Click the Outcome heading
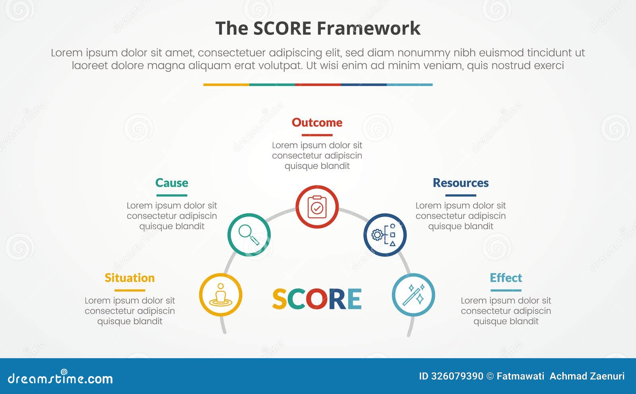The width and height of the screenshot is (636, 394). tap(317, 123)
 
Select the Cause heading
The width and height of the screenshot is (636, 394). tap(172, 183)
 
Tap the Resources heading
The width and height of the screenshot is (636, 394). tap(460, 183)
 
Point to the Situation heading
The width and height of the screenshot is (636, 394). tap(130, 278)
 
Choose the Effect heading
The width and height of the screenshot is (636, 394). tap(506, 278)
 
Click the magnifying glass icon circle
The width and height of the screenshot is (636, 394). tap(249, 235)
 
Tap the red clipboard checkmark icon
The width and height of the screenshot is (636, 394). tap(317, 207)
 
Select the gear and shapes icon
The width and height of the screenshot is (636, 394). tap(385, 235)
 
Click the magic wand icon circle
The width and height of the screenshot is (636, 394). tap(413, 295)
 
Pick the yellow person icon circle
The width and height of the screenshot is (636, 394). tap(221, 295)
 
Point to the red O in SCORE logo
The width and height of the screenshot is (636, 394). tap(317, 299)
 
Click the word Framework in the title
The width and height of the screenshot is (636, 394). tap(368, 29)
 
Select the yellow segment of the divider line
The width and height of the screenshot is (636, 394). tap(226, 85)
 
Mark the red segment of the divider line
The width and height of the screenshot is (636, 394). tap(318, 85)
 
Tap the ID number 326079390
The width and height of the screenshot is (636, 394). tap(457, 376)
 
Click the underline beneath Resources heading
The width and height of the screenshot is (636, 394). tap(460, 195)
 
